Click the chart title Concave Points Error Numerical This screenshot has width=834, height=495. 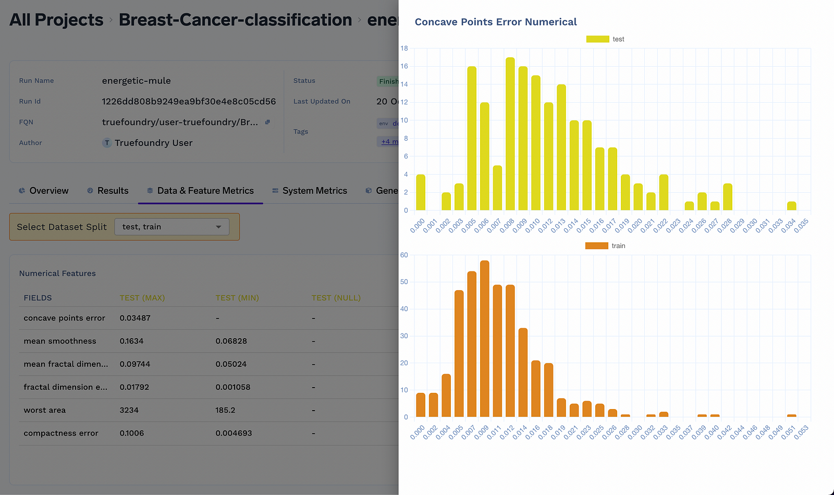(x=495, y=22)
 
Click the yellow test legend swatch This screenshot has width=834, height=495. (x=597, y=39)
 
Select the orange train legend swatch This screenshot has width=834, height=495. (x=596, y=246)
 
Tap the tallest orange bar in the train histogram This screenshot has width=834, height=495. (x=484, y=339)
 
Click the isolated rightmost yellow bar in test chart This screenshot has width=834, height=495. (x=791, y=206)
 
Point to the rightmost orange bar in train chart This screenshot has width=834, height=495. (x=791, y=415)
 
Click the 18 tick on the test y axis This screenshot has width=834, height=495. (x=404, y=48)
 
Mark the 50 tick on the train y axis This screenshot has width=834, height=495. (x=404, y=282)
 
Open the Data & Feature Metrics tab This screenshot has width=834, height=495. (x=200, y=191)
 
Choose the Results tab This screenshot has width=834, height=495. (x=108, y=191)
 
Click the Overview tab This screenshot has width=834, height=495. (x=44, y=191)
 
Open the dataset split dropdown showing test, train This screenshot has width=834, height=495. (x=171, y=227)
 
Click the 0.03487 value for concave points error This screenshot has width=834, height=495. (x=135, y=318)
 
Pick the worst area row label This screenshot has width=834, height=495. (x=45, y=410)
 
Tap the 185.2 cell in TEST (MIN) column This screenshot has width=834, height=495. (x=225, y=410)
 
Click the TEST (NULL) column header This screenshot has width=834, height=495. (x=336, y=298)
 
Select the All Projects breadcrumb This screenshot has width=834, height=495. (x=56, y=20)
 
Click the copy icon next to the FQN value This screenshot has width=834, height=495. (x=267, y=122)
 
